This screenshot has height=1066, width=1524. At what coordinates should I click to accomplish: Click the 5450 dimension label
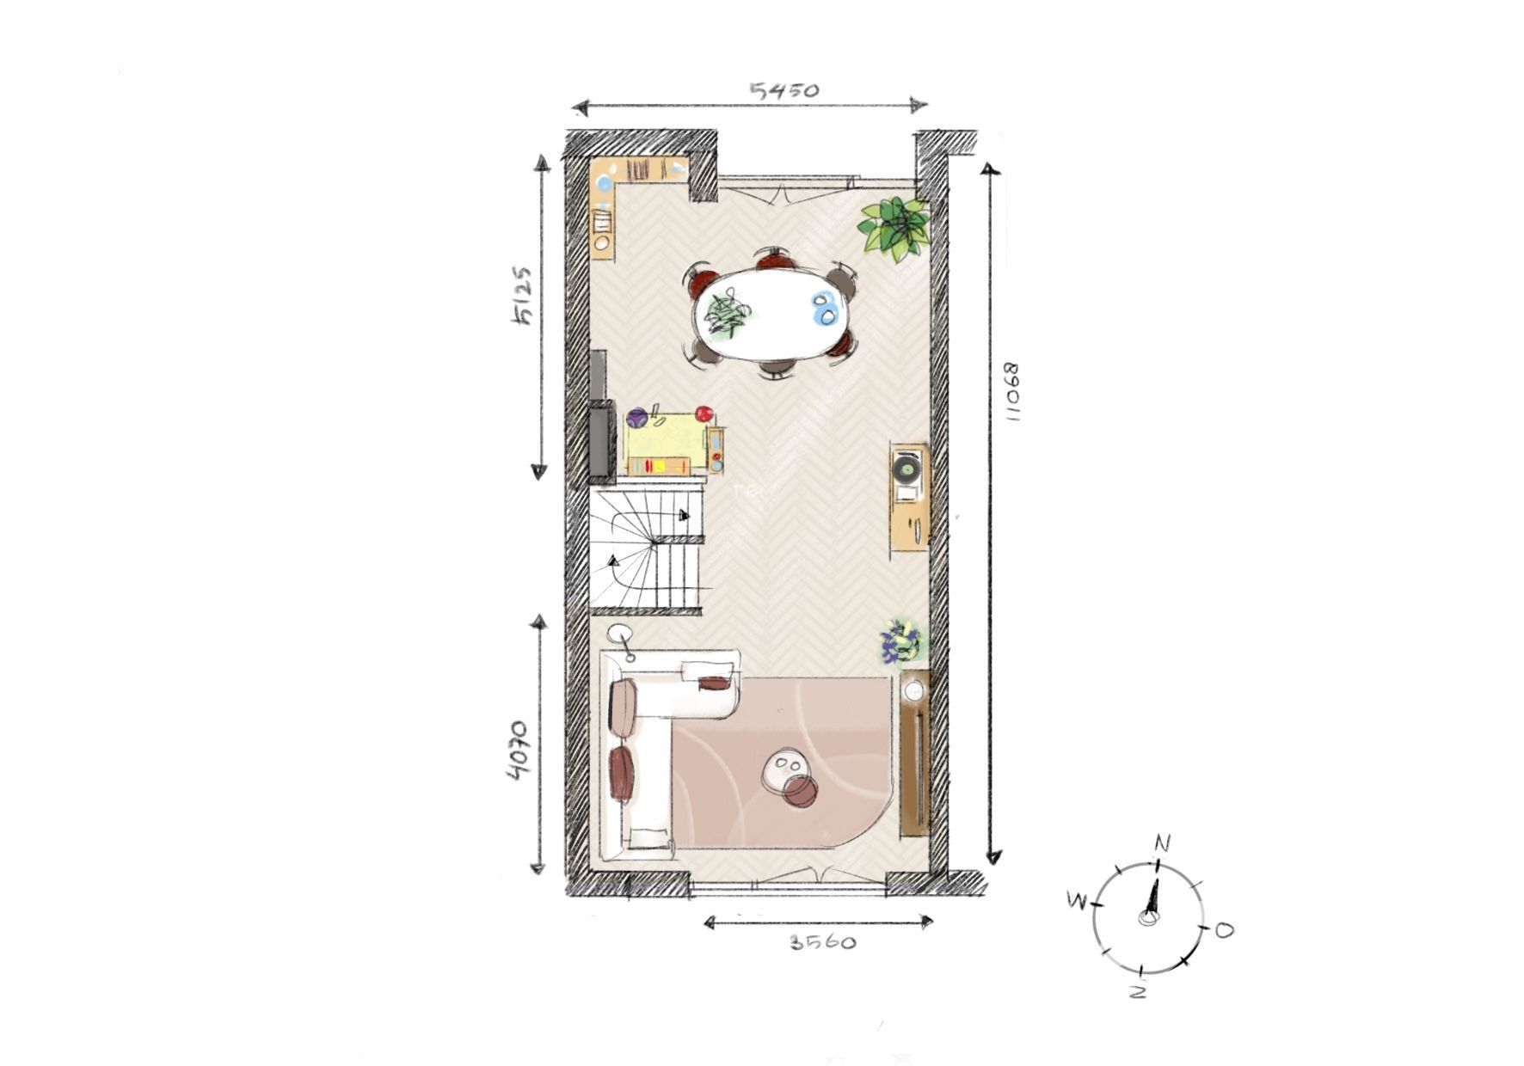point(784,90)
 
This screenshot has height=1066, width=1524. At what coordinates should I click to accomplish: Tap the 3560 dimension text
point(823,942)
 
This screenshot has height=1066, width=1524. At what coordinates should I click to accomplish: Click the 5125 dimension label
point(522,296)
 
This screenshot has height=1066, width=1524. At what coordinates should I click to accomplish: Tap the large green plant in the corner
point(896,225)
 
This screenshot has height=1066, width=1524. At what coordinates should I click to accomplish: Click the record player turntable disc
point(908,469)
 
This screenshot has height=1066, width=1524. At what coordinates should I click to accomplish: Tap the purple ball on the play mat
point(636,419)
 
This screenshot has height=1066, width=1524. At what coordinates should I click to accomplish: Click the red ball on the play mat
point(704,414)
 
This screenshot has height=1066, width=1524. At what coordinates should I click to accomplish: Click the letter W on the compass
point(1076,901)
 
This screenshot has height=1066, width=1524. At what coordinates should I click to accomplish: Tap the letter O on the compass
point(1224,929)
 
